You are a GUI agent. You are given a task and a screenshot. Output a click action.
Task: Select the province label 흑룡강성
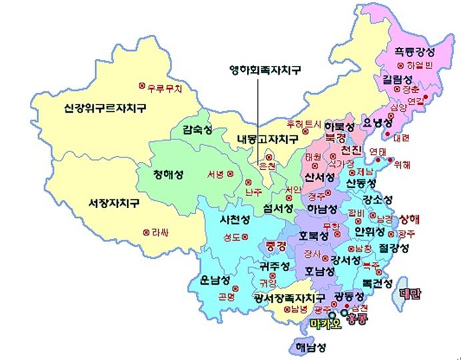click(414, 53)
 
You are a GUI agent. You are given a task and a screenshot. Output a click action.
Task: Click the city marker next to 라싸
click(146, 232)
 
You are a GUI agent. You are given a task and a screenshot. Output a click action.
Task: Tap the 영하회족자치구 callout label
click(260, 69)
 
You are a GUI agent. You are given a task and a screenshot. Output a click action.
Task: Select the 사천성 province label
click(236, 219)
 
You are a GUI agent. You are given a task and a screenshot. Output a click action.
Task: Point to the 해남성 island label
click(312, 347)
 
